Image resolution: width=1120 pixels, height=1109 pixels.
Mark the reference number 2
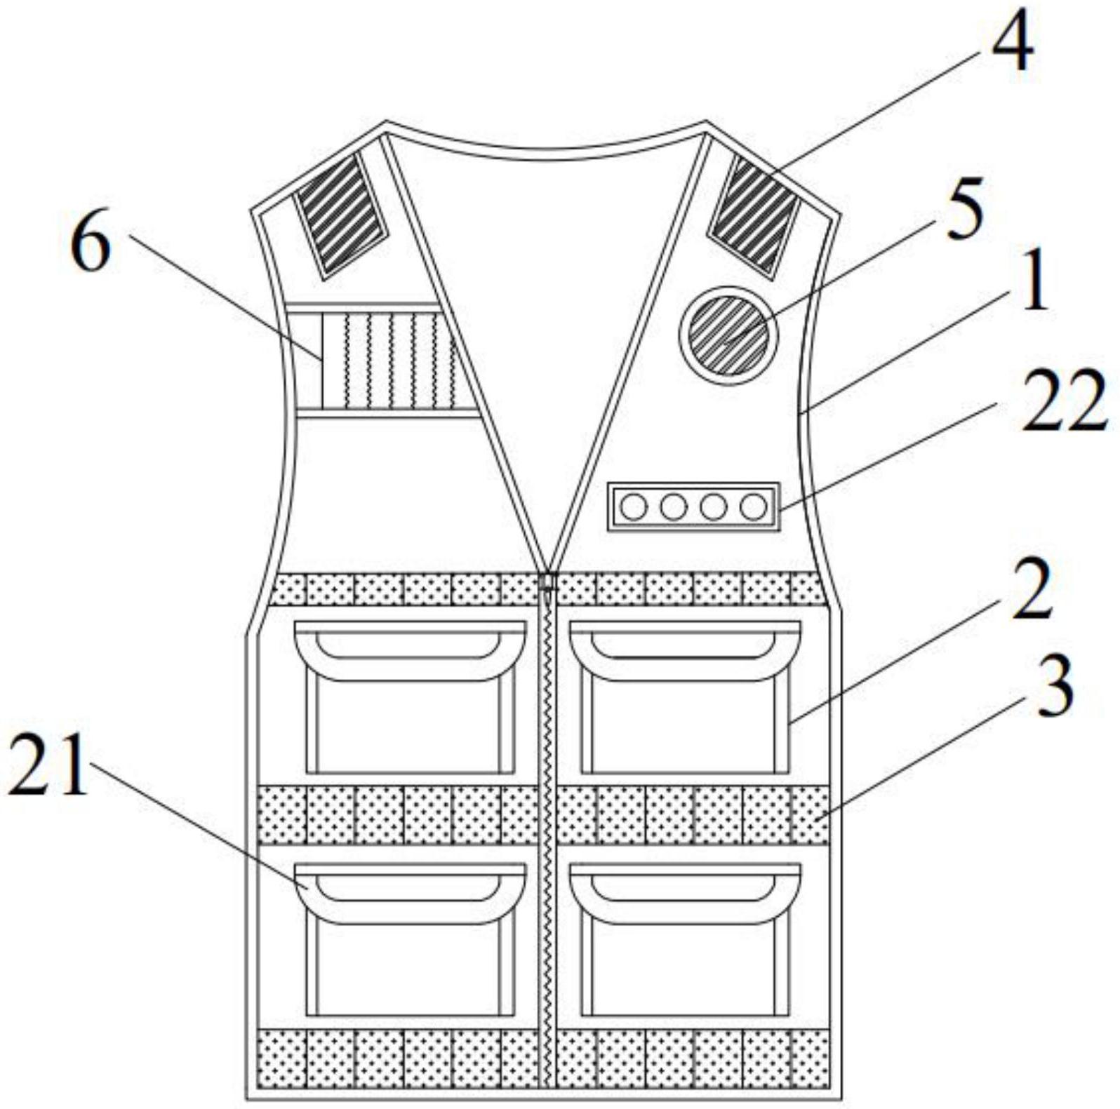[1032, 589]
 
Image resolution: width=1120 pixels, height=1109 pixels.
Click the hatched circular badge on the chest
[728, 335]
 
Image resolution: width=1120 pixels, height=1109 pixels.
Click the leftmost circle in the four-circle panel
[634, 506]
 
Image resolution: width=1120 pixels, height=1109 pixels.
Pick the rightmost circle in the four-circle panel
[754, 506]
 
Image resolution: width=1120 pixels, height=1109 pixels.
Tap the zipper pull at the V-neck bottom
[547, 581]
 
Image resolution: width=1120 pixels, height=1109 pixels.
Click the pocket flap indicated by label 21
[410, 892]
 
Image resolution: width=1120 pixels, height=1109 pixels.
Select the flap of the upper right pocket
[685, 650]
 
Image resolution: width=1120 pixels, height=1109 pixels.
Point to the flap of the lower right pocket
[685, 892]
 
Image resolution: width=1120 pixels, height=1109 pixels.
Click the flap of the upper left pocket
[410, 650]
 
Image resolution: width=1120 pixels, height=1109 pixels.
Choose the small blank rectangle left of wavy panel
[307, 360]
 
